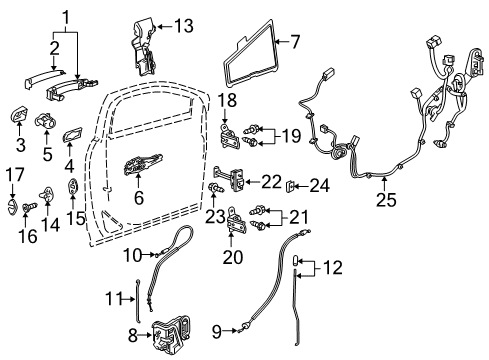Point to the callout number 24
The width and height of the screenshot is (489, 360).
(x=317, y=184)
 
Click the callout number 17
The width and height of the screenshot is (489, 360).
(x=13, y=177)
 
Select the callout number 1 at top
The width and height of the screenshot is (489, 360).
(x=66, y=18)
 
